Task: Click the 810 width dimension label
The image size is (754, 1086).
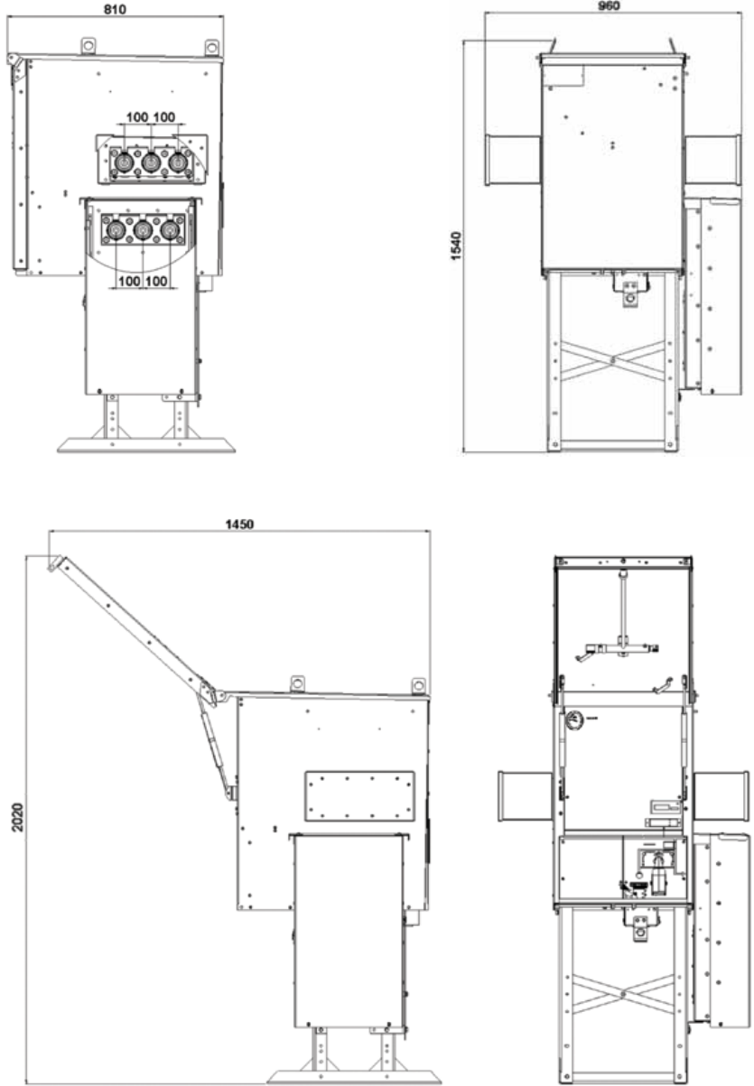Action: [115, 9]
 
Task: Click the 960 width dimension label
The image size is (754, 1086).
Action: [609, 5]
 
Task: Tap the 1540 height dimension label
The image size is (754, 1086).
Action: [456, 246]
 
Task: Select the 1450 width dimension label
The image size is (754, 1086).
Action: [239, 524]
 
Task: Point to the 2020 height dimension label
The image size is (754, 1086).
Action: [18, 817]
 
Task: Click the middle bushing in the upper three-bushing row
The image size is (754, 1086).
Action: [151, 162]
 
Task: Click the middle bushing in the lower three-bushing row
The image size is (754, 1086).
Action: [143, 229]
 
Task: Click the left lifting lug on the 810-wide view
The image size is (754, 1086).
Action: [88, 45]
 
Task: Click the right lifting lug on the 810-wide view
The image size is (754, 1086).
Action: [211, 48]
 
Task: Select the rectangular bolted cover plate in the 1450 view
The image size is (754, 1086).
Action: [359, 795]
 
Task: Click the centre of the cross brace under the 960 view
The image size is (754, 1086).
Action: [613, 359]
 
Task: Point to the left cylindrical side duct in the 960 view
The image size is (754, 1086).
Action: [513, 160]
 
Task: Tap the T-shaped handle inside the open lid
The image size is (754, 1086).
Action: [621, 617]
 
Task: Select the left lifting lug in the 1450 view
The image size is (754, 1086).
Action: [296, 684]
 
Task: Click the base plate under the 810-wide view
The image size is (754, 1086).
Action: [146, 445]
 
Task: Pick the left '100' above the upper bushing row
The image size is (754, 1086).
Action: [137, 117]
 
